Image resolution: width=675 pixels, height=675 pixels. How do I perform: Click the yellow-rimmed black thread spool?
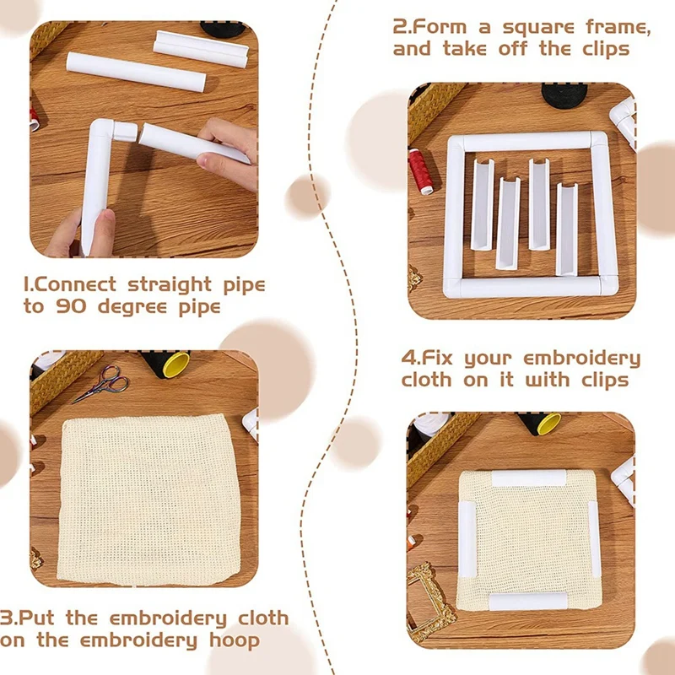coord(170,364)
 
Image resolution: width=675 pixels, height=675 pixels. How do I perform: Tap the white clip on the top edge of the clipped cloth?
coord(528,478)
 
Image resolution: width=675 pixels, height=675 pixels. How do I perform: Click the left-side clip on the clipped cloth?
coord(467,537)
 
